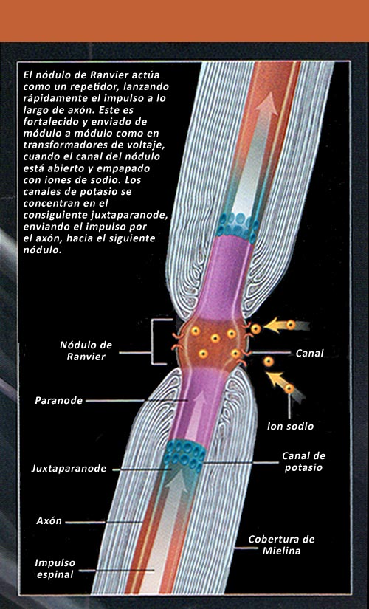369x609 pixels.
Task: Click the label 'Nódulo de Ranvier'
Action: click(x=86, y=351)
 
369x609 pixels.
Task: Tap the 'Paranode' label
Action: click(x=58, y=400)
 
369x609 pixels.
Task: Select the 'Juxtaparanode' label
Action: click(x=69, y=469)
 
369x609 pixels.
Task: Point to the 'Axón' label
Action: click(x=49, y=521)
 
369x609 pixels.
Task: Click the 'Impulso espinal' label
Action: click(x=55, y=568)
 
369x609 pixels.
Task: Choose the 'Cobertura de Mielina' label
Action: click(x=281, y=545)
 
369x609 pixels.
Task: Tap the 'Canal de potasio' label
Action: click(x=303, y=461)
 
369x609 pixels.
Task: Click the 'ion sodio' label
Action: click(x=290, y=426)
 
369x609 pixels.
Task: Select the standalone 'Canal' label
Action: click(x=309, y=353)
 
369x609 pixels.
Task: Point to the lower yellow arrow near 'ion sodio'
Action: click(x=276, y=380)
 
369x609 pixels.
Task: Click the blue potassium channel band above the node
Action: click(x=238, y=227)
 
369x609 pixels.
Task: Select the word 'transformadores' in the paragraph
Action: click(x=61, y=145)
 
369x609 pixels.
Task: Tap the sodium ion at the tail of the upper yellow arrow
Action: click(x=291, y=325)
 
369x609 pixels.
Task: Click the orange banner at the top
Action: click(x=184, y=21)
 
